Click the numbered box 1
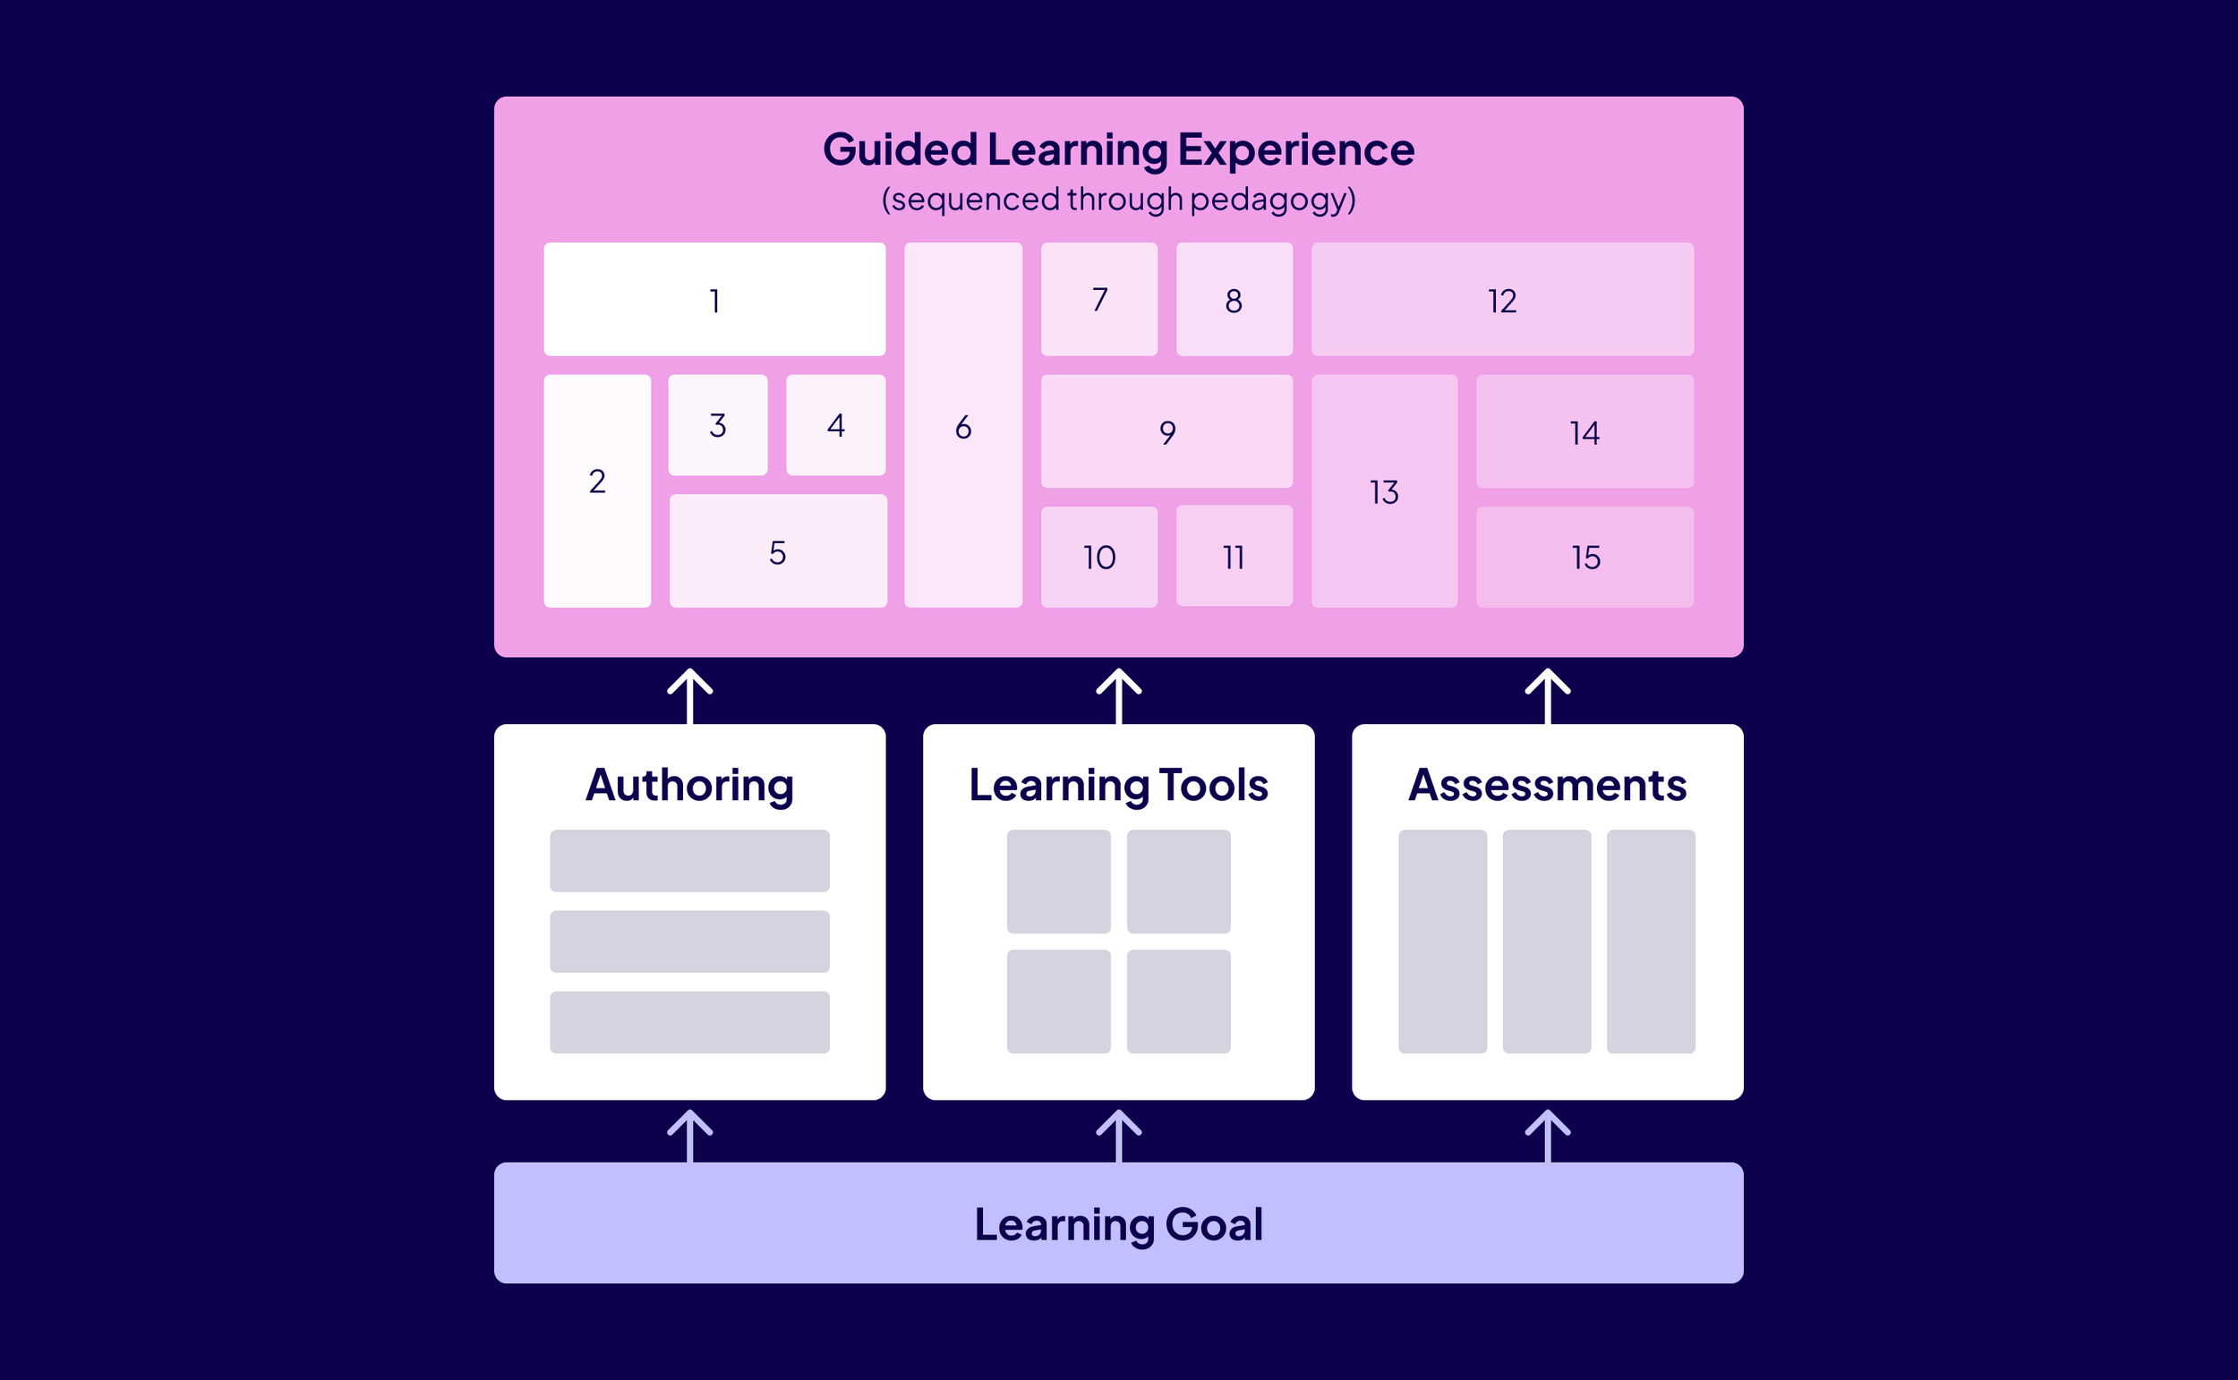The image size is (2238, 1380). (x=713, y=300)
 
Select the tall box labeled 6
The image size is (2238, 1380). (x=963, y=425)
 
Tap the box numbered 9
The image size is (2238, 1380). (x=1166, y=430)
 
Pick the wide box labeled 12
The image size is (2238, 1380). (x=1501, y=300)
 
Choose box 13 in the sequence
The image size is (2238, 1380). (x=1384, y=491)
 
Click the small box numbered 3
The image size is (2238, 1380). (x=717, y=424)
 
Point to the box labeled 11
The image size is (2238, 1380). (x=1234, y=556)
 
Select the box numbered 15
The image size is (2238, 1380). (x=1585, y=557)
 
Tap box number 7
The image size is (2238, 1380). (x=1099, y=300)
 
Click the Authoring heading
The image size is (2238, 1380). (x=689, y=785)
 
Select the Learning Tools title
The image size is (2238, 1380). (x=1118, y=785)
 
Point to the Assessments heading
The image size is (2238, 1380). (x=1547, y=785)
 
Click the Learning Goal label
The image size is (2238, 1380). (x=1118, y=1224)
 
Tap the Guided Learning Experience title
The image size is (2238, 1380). (x=1118, y=149)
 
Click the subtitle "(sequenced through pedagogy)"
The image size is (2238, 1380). (x=1118, y=199)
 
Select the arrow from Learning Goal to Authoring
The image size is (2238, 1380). (x=689, y=1135)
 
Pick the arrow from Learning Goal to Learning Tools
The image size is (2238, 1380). (x=1118, y=1135)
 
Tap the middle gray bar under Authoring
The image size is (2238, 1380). (x=689, y=941)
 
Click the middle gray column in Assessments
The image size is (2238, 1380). (x=1546, y=941)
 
